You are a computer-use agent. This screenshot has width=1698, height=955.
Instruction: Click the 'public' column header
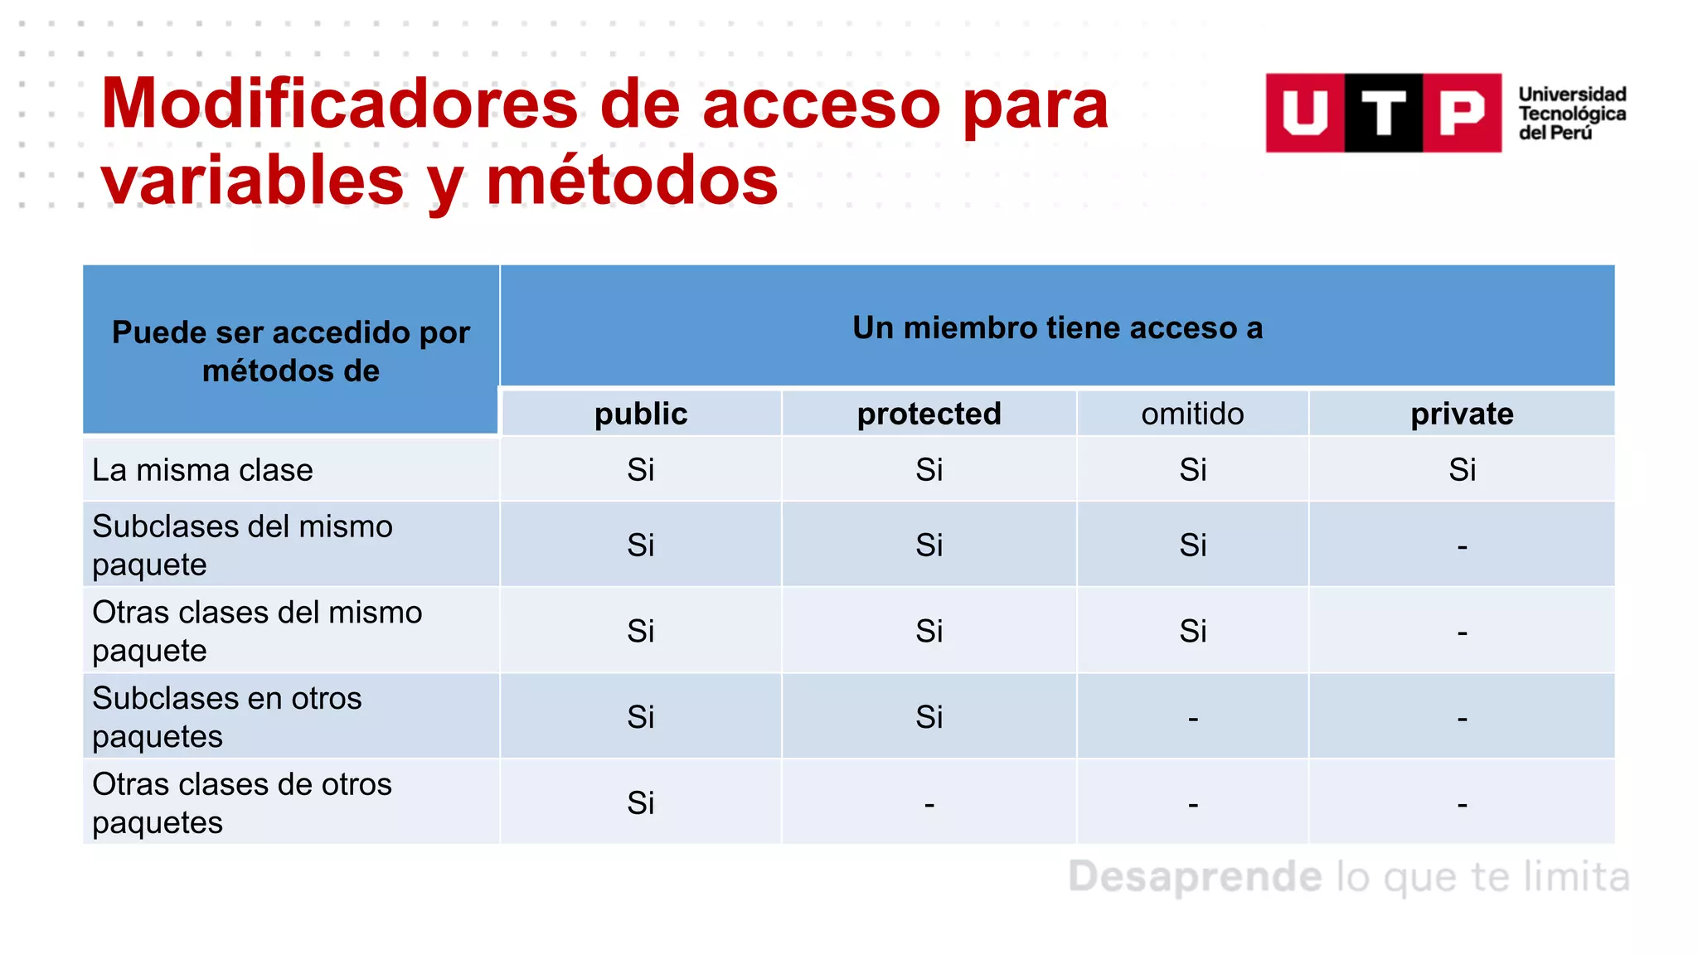[641, 414]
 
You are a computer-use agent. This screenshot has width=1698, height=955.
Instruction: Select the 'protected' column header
[929, 414]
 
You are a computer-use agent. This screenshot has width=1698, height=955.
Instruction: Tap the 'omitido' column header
[1192, 414]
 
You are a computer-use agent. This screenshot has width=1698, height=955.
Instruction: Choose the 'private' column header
[1462, 414]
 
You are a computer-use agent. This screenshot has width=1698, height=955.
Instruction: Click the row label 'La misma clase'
[203, 470]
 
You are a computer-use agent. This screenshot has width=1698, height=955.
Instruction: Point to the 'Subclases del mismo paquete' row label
[242, 545]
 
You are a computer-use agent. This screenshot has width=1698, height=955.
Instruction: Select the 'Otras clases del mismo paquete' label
[257, 631]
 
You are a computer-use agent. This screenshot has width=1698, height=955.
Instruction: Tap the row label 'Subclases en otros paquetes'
[227, 716]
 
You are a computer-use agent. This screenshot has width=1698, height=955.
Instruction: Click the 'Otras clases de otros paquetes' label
[242, 802]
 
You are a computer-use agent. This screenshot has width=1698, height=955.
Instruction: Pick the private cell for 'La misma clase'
[1462, 470]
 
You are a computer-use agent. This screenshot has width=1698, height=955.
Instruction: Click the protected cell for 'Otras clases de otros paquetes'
[929, 803]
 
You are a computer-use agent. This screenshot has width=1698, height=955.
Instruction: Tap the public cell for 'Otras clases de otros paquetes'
[641, 802]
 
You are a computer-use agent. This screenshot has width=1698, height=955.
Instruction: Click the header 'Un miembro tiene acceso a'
[1057, 328]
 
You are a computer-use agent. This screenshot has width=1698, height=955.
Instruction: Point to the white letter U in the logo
[1305, 113]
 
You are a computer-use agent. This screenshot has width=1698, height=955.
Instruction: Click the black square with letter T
[1383, 113]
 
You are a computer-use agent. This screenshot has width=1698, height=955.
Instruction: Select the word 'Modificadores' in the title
[339, 104]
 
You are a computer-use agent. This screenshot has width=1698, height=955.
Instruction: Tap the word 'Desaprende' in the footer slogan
[1195, 877]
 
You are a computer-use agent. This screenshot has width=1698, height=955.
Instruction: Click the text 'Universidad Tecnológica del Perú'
[1572, 114]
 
